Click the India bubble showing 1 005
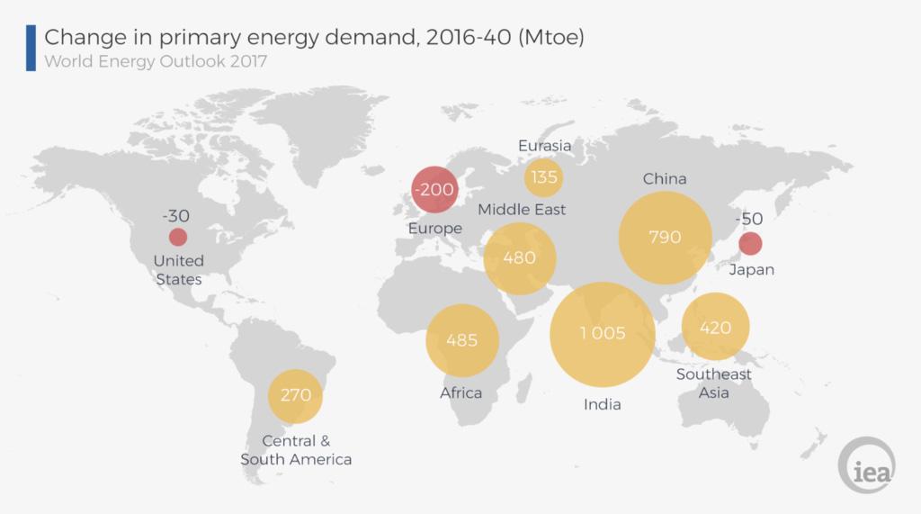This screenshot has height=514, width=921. tap(602, 334)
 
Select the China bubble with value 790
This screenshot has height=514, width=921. tap(665, 238)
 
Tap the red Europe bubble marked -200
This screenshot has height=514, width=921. tap(434, 190)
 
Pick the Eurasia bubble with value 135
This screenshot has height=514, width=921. tap(543, 177)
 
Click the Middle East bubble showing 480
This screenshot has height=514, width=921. tap(519, 258)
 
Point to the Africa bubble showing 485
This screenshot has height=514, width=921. tap(461, 340)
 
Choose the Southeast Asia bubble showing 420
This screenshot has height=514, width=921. tap(717, 328)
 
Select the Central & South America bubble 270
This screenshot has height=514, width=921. tap(296, 396)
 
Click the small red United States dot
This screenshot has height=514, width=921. tap(178, 238)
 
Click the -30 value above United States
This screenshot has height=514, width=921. tap(175, 216)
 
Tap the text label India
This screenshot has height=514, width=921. tap(602, 404)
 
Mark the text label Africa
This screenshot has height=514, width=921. tap(460, 392)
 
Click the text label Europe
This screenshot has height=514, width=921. tap(434, 229)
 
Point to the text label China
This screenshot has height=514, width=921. tap(664, 179)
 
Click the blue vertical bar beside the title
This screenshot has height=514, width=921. tap(31, 48)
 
